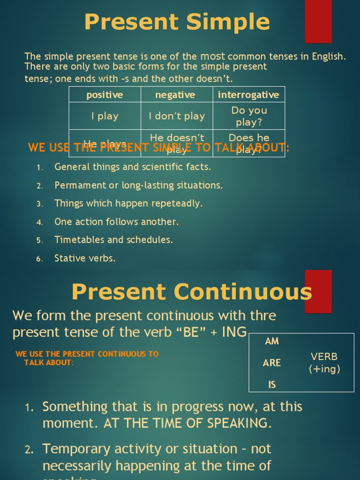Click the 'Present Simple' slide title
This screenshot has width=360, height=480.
pos(177,22)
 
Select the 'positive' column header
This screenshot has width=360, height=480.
pos(105,95)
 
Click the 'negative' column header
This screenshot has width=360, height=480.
pos(175,95)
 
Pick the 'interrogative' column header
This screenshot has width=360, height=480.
pos(248,95)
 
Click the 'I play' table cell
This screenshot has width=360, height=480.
pos(105,116)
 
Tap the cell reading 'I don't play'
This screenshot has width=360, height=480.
pos(177,116)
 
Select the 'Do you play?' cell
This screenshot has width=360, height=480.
pos(249,116)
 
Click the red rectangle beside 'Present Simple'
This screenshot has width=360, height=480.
pos(318,21)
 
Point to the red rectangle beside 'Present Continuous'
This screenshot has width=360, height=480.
pos(318,292)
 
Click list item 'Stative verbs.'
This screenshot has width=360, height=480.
pos(85,258)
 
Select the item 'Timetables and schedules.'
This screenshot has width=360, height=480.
pos(113,240)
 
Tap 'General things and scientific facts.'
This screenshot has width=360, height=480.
pos(133,167)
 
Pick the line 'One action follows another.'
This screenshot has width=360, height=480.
pos(116,222)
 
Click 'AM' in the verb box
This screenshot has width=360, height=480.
pos(272,341)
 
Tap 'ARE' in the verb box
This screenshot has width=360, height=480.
pos(272,363)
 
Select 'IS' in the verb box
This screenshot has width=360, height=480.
pos(272,385)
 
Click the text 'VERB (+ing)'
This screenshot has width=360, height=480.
pos(324,363)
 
